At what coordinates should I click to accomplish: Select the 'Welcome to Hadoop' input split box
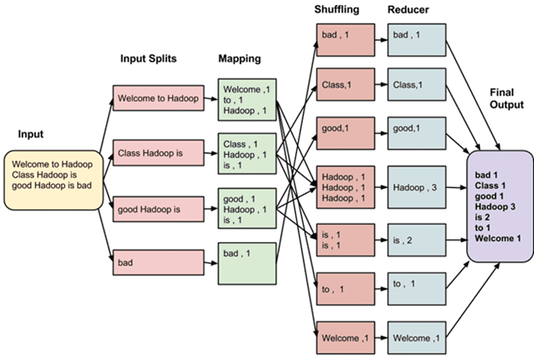(x=157, y=97)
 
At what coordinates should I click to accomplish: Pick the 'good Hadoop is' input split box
(x=157, y=208)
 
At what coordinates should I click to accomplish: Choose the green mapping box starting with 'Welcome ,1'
(x=247, y=99)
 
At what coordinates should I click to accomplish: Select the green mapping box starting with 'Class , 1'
(x=247, y=155)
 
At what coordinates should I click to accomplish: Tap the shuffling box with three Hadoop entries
(x=346, y=186)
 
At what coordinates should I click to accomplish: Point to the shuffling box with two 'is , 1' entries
(x=346, y=239)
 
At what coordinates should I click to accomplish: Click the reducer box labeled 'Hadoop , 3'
(x=417, y=186)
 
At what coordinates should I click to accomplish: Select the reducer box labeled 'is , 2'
(x=417, y=239)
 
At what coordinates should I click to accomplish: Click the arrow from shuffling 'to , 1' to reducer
(x=381, y=287)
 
